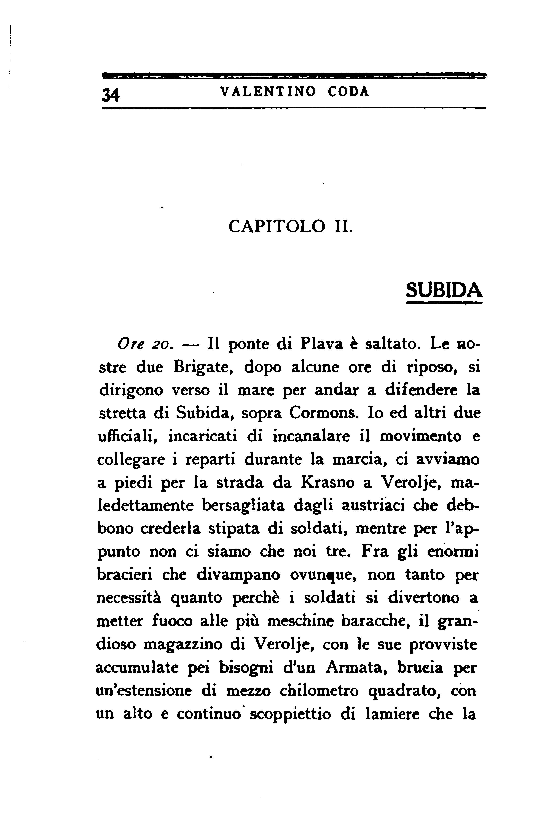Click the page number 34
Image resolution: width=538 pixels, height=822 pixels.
pyautogui.click(x=111, y=94)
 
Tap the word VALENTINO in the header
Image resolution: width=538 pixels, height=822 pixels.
pyautogui.click(x=268, y=91)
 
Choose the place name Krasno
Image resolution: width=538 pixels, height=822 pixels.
pyautogui.click(x=328, y=483)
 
